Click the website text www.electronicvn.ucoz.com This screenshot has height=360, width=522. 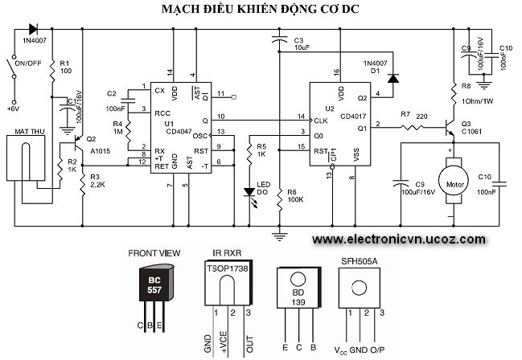(x=399, y=239)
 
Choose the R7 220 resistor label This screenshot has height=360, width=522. (x=413, y=118)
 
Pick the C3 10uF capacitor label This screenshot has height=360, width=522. (x=302, y=43)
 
